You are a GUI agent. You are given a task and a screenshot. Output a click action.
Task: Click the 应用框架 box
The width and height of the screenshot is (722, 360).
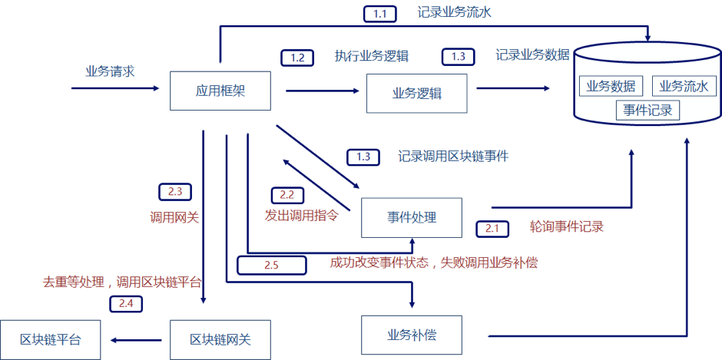click(x=220, y=91)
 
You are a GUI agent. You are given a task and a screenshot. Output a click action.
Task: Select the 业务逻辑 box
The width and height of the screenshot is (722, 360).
click(x=416, y=94)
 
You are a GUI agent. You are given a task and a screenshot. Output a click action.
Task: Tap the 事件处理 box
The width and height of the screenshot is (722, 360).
click(x=412, y=217)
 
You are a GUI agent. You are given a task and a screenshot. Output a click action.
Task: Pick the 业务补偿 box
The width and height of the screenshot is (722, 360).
click(x=412, y=335)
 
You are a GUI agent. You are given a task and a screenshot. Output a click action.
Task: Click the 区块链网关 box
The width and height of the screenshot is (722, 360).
click(x=220, y=339)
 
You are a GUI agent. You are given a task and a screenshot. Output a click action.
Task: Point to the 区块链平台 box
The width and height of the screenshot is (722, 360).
click(x=50, y=339)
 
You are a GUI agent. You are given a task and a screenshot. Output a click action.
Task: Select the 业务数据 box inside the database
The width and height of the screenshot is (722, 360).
click(x=611, y=86)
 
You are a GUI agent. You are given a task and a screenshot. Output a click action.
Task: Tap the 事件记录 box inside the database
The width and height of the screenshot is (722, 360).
click(x=647, y=110)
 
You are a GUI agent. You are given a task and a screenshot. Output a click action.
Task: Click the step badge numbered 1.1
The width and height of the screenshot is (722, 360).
click(x=379, y=13)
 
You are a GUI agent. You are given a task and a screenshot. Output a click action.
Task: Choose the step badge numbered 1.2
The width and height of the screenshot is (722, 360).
click(x=297, y=57)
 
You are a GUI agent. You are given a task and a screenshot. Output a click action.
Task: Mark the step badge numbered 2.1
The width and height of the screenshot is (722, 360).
click(x=492, y=228)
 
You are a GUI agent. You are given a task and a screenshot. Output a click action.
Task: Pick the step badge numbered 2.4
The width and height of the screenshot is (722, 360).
click(x=126, y=304)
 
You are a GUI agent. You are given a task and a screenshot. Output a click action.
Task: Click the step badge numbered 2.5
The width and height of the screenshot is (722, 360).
click(x=271, y=265)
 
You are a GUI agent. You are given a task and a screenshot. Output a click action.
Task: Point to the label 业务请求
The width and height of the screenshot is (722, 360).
click(x=110, y=71)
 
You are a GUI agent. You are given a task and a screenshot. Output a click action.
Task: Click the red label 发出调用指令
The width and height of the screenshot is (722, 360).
click(x=301, y=215)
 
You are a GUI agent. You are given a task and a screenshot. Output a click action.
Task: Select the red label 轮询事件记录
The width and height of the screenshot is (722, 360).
click(x=566, y=226)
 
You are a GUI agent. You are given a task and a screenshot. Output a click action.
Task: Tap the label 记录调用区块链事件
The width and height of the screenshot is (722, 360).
click(x=453, y=156)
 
